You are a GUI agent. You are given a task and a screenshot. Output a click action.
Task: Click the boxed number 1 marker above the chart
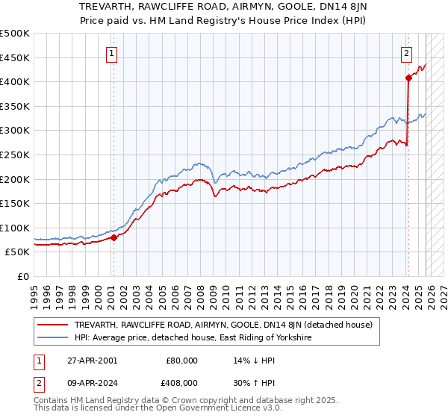coord(111,53)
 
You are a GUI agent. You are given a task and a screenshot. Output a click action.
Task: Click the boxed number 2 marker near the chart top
coord(407,53)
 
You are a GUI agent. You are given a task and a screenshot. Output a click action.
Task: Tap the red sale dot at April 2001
coord(113,238)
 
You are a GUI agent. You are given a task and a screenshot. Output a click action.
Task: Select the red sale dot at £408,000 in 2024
coord(408,78)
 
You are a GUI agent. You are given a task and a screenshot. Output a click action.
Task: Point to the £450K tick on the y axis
coord(15,57)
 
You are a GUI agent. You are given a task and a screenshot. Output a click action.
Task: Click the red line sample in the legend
coord(55,325)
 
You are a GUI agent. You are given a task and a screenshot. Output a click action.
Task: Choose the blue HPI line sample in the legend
coord(55,338)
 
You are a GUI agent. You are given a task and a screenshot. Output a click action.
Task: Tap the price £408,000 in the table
coord(182,382)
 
